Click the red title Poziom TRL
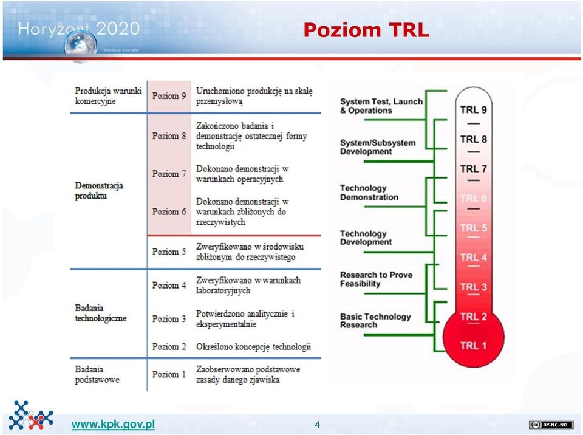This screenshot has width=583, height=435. pos(366,30)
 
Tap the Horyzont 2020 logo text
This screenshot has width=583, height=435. pos(79,29)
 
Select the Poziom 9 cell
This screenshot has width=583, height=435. pos(169,95)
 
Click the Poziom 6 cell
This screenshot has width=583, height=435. pos(169,211)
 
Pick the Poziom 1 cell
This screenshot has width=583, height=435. pos(169,374)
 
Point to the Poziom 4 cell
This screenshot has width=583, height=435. pos(169,285)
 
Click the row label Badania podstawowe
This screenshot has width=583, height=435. pos(97,374)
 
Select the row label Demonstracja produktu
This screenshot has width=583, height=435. pos(99,191)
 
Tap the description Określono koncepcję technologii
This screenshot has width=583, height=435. pos(254,346)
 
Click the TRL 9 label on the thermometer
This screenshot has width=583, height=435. pos(473,110)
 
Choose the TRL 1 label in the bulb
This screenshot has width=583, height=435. pos(473,345)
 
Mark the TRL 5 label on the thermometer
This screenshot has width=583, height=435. pos(473,228)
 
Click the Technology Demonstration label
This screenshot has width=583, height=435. pos(369,193)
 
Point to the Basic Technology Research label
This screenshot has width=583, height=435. pos(375,320)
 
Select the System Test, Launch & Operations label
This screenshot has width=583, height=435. pos(381,106)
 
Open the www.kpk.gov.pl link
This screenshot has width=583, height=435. pos(113,424)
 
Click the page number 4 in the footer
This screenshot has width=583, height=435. pos(317,425)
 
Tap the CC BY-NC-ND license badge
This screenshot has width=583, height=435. pos(551,425)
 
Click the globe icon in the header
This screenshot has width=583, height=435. pos(80,46)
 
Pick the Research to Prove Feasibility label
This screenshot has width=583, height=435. pos(377,279)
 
